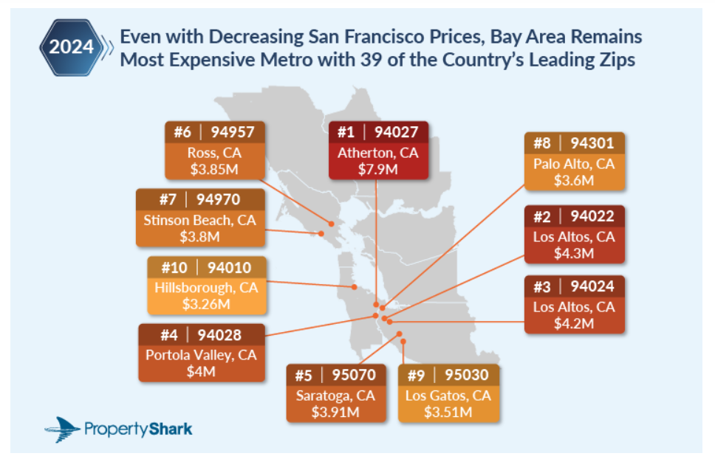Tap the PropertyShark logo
click(119, 427)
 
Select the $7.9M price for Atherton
click(377, 169)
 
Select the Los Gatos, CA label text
click(448, 396)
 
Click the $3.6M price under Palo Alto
click(574, 179)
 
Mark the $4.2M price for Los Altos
click(574, 322)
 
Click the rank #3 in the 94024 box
click(544, 286)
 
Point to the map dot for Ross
click(332, 223)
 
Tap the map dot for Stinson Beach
click(321, 234)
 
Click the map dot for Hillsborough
click(355, 287)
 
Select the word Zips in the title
click(614, 60)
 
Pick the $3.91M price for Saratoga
click(335, 411)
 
